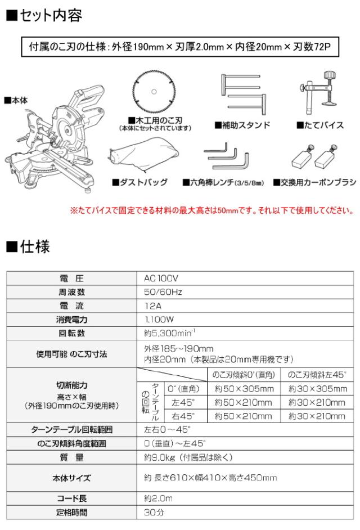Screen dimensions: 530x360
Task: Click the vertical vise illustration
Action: tap(318, 94)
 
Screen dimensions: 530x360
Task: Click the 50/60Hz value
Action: tap(163, 292)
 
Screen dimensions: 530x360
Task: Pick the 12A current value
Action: tap(152, 306)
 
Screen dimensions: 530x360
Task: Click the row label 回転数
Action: tap(72, 333)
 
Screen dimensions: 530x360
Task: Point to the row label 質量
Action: tap(72, 458)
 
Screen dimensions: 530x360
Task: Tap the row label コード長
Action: tap(72, 498)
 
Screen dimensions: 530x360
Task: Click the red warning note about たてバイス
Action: tap(211, 212)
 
